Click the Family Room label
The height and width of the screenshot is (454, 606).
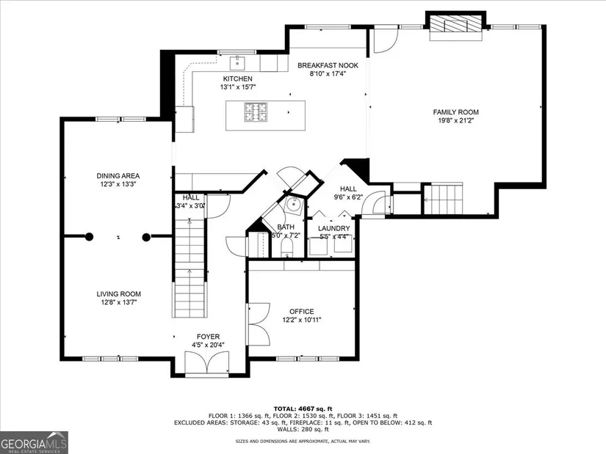point(455,112)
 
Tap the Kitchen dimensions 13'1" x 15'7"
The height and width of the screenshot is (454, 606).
point(238,87)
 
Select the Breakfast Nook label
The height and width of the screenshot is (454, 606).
point(328,65)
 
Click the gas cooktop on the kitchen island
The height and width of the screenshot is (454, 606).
point(256,111)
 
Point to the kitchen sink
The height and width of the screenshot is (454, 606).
point(236,62)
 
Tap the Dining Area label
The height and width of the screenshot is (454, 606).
point(118,176)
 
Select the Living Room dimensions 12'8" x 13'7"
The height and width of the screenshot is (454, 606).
point(119,302)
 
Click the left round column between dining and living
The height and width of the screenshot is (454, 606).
point(90,237)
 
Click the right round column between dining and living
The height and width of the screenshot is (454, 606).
point(146,238)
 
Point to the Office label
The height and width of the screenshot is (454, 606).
point(301,312)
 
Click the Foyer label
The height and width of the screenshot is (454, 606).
point(208,337)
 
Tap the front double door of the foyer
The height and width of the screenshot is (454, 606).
point(207,362)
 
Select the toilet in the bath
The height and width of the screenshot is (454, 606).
point(286,247)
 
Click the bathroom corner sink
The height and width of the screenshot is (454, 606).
point(294,203)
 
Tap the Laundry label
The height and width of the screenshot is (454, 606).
point(334,229)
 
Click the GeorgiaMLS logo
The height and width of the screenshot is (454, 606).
point(34,442)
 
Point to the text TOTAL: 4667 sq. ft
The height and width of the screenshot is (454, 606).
point(303,409)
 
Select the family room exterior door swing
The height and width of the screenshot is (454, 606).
point(386,40)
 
